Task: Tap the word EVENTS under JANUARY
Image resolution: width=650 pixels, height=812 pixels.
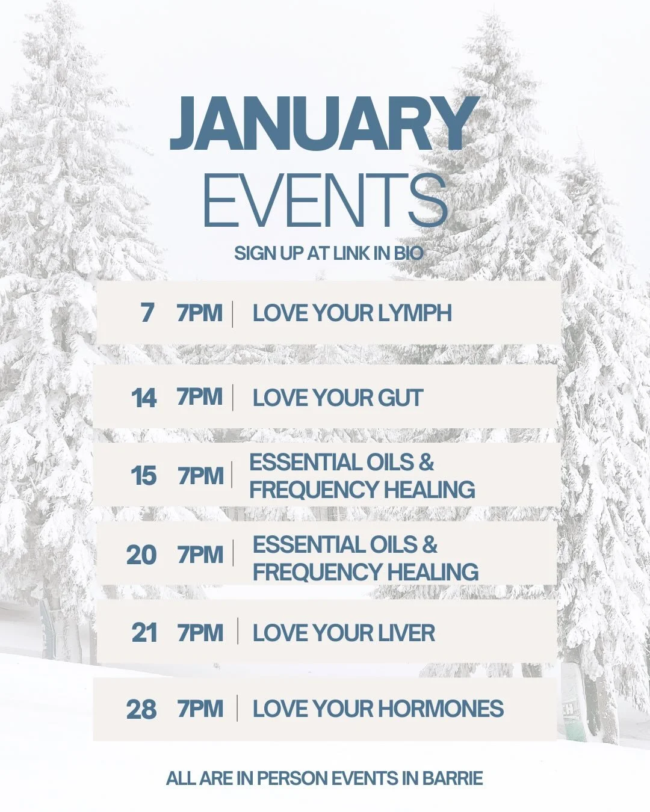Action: [x=325, y=200]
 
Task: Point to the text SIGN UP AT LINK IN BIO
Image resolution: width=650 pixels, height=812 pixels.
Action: [x=329, y=253]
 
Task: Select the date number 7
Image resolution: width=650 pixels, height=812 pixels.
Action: [x=147, y=313]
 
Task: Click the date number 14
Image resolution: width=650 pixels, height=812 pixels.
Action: [x=144, y=398]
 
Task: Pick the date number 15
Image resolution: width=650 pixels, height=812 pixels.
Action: [x=144, y=476]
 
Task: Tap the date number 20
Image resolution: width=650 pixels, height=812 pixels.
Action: [x=141, y=555]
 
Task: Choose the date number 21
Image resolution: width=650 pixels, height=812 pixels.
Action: [x=144, y=633]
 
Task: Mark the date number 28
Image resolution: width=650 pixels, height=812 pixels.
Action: [x=141, y=710]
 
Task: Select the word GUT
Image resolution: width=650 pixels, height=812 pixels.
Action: [x=400, y=398]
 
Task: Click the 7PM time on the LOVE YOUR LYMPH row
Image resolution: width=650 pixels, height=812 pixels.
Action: [x=200, y=313]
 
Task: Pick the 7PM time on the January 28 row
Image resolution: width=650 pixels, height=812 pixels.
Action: [x=200, y=709]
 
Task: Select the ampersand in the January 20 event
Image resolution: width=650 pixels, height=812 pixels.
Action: [x=429, y=544]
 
